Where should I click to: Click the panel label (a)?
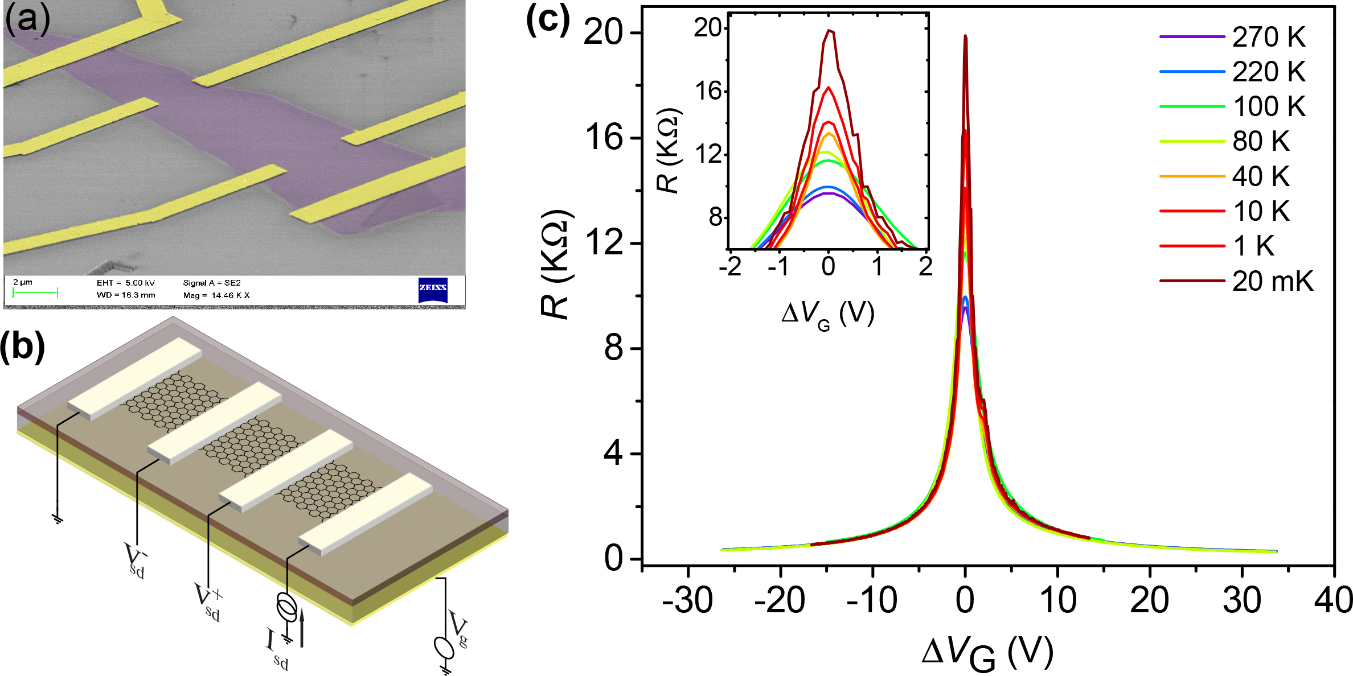coord(27,18)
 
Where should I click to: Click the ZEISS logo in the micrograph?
coord(433,290)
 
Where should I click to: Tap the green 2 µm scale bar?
coord(35,293)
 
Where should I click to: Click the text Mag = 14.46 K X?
coord(216,295)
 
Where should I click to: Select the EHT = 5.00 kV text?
coord(126,283)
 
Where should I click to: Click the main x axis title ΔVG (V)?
coord(987,653)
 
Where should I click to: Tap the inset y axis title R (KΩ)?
coord(670,149)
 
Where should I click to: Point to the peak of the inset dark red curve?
coord(830,31)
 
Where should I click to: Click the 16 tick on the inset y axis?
coord(708,91)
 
